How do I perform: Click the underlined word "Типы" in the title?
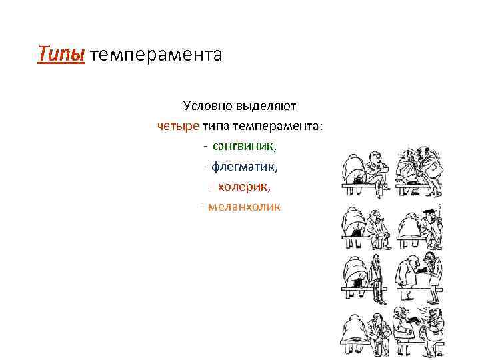[61, 53]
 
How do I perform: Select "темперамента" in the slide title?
[155, 54]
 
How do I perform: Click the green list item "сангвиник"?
[245, 145]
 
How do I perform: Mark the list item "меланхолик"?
[245, 206]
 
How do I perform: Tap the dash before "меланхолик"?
[201, 207]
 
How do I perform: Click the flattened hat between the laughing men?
[414, 321]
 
